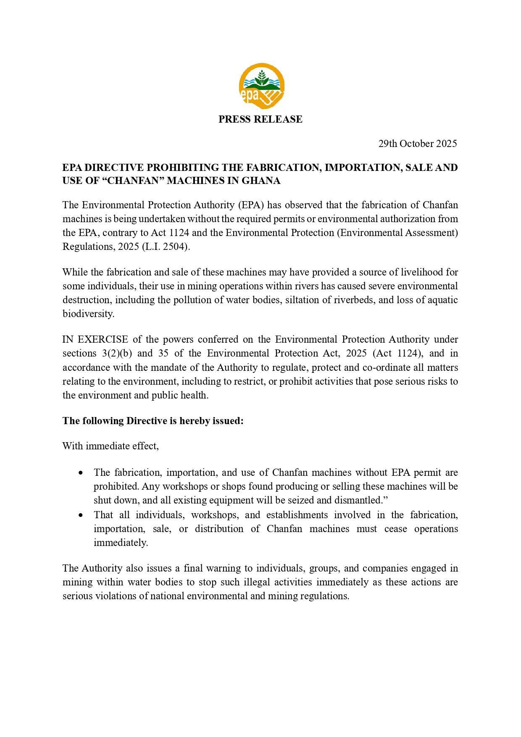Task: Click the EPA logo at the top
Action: (x=261, y=87)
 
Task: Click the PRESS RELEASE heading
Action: (x=260, y=119)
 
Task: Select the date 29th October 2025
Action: (x=417, y=144)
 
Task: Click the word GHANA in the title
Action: (x=263, y=181)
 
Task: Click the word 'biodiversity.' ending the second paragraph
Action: (x=88, y=314)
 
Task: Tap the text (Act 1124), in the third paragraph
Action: (x=397, y=353)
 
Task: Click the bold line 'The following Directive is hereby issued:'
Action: (x=153, y=421)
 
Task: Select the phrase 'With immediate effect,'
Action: (x=111, y=446)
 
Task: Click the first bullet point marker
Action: (x=81, y=473)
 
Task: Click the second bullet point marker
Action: (x=81, y=515)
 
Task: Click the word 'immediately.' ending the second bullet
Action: (x=121, y=543)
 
